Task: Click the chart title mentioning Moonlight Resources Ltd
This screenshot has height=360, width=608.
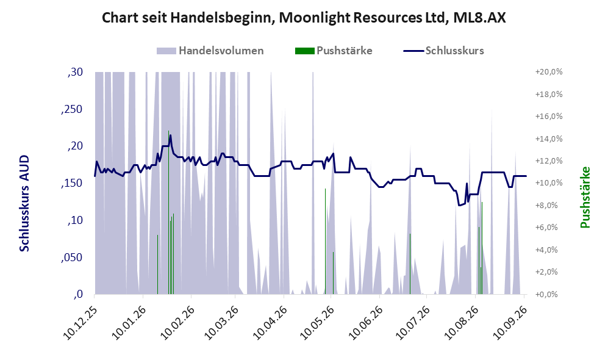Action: point(304,18)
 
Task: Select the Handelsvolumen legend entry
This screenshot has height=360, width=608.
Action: point(210,51)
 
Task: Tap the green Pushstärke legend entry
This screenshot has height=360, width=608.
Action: point(334,51)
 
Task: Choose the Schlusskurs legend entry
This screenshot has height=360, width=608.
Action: point(443,51)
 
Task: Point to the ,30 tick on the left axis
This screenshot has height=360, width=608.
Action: point(75,72)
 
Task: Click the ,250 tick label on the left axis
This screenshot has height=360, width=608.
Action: point(72,109)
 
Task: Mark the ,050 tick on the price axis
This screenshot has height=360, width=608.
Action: point(72,257)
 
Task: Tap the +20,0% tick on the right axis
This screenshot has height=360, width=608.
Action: point(549,72)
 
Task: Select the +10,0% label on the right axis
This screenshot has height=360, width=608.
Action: point(549,183)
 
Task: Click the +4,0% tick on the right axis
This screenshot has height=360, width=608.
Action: point(550,250)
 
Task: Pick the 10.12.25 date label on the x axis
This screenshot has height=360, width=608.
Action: point(79,323)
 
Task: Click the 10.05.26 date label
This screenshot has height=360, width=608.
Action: point(317,323)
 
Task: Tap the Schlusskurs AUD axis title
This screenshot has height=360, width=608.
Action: point(24,203)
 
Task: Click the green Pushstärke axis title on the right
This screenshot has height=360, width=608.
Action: point(585,198)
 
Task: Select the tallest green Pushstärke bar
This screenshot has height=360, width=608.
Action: point(168,212)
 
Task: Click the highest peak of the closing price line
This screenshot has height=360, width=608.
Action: point(170,135)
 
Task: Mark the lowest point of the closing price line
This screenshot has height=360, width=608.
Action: point(459,205)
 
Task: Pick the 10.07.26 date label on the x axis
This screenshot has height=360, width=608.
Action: point(413,323)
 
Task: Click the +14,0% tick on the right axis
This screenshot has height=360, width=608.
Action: point(549,139)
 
